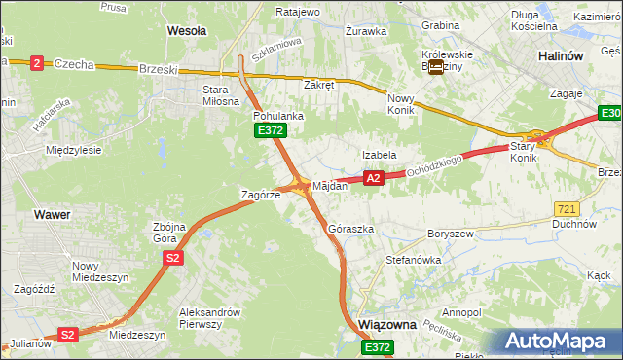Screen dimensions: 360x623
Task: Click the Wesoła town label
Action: click(187, 31)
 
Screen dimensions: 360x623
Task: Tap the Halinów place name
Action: click(561, 56)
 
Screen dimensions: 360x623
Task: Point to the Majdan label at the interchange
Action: click(329, 185)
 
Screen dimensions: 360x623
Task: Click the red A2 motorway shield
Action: click(373, 178)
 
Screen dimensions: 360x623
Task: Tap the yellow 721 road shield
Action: click(568, 209)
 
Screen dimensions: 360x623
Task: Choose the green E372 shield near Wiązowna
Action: click(378, 346)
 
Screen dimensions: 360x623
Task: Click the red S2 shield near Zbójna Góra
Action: click(172, 258)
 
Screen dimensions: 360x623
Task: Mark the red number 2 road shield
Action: click(37, 63)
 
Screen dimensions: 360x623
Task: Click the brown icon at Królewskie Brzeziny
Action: click(435, 68)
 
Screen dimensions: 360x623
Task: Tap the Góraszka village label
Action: click(351, 229)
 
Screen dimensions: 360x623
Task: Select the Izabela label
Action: click(379, 155)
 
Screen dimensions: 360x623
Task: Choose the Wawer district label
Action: click(50, 213)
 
